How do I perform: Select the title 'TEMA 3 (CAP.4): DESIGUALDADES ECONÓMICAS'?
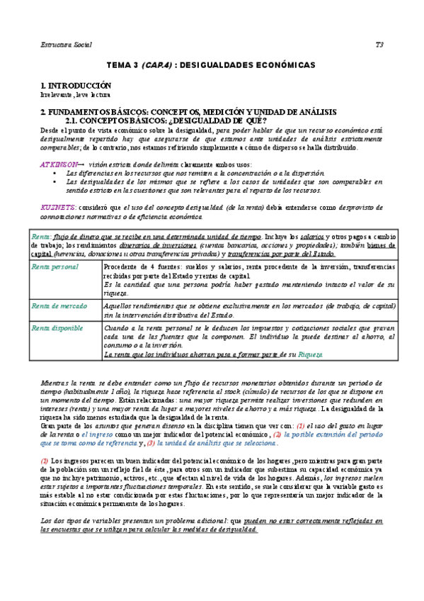[210, 64]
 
